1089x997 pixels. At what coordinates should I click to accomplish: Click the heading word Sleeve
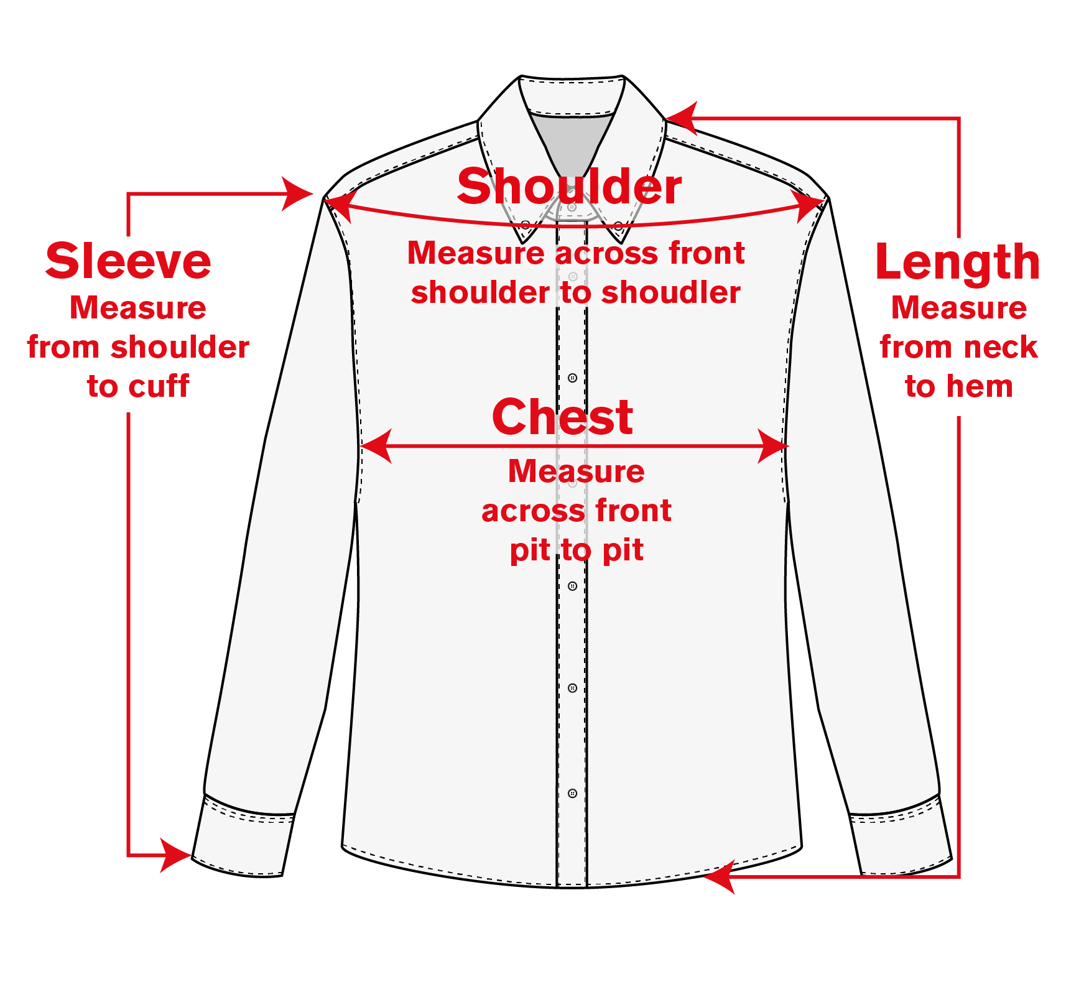(128, 262)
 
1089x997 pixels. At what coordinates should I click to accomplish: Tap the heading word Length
(957, 263)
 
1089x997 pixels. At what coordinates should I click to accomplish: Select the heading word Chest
(562, 417)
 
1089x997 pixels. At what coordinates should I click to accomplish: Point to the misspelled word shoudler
(671, 293)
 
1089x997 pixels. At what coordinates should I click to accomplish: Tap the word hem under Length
(980, 386)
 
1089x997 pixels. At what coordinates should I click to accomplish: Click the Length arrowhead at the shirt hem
(719, 876)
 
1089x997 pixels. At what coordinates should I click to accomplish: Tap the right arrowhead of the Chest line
(773, 446)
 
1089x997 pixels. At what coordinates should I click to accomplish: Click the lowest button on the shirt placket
(572, 793)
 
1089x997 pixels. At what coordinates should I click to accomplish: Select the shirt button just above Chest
(572, 378)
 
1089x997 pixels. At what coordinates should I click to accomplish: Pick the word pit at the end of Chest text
(623, 550)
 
